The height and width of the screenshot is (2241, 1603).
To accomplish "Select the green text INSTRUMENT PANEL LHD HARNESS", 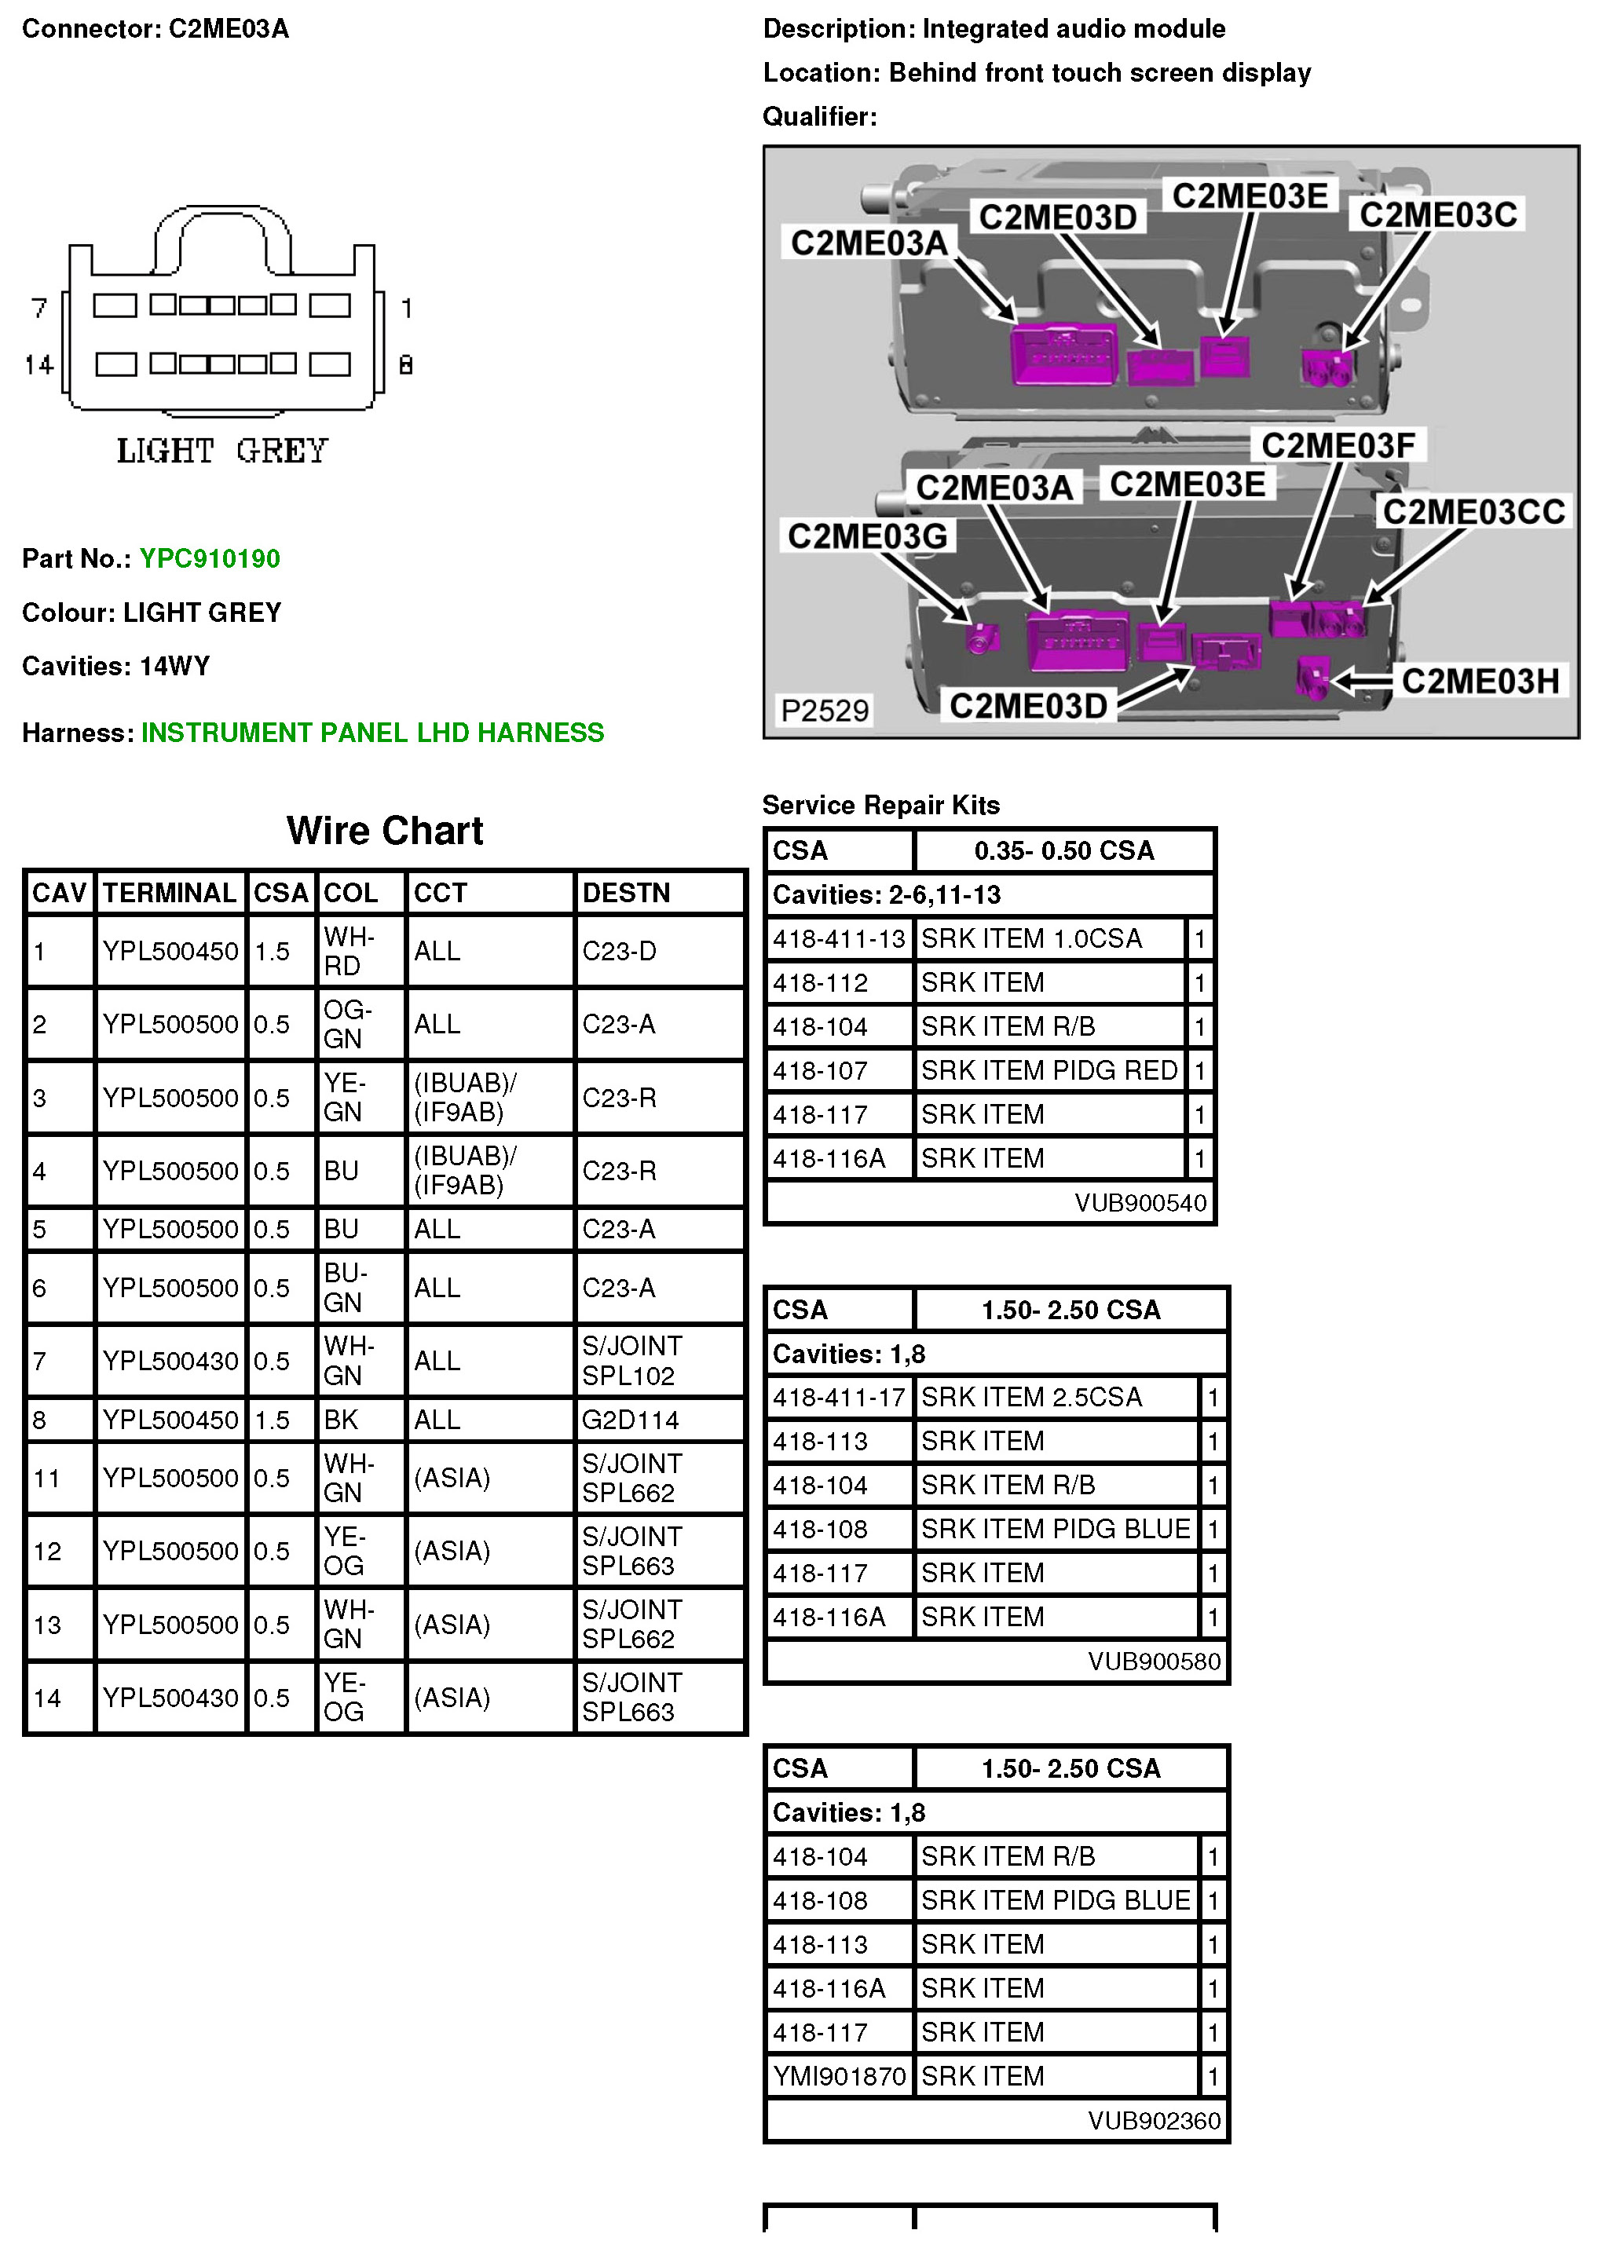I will [372, 732].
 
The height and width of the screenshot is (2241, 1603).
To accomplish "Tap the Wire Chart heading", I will [384, 831].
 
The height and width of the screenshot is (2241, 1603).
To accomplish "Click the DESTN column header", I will [626, 893].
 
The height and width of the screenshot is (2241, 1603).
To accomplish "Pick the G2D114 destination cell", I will [630, 1420].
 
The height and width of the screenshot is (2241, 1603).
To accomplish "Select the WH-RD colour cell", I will [349, 951].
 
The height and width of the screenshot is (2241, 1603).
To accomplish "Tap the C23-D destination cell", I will [619, 951].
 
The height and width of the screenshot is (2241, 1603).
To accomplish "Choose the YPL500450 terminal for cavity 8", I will [170, 1420].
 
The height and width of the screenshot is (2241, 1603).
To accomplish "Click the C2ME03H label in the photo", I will [1480, 681].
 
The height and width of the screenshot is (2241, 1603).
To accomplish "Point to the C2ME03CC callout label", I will [1473, 512].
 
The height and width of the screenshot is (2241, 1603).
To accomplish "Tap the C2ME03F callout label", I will [1338, 446].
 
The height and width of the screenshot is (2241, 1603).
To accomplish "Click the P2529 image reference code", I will [825, 711].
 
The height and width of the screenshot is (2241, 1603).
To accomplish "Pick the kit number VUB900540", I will [1140, 1203].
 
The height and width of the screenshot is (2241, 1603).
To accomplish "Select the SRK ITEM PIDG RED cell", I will [1049, 1071].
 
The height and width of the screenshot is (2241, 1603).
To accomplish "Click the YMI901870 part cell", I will [839, 2076].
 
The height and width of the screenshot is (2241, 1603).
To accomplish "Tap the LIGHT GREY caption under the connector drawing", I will [222, 451].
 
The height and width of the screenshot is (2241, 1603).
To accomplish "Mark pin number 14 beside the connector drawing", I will [38, 365].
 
